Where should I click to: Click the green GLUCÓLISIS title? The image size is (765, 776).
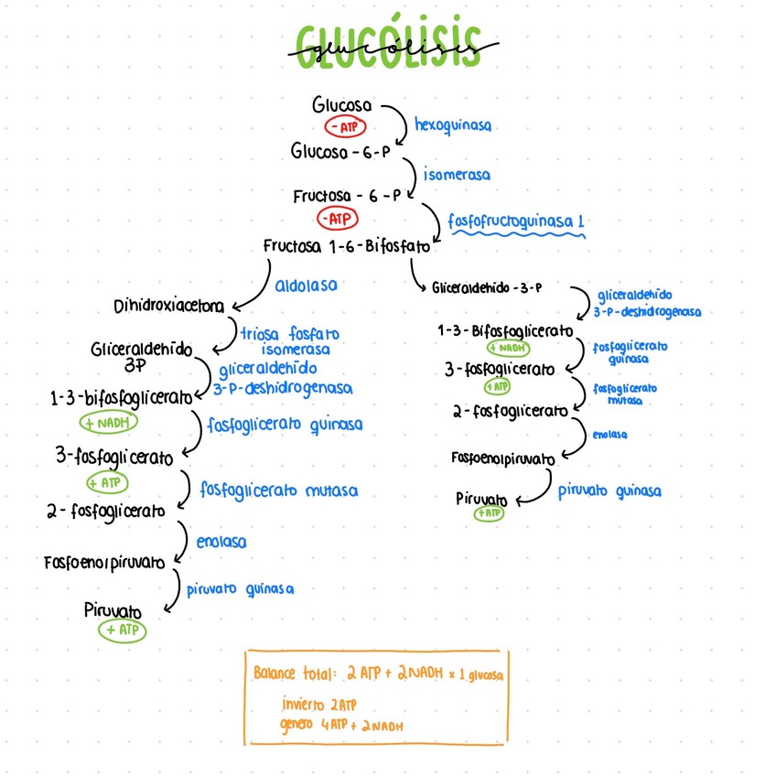pos(388,43)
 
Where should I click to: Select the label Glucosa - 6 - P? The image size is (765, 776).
pos(340,150)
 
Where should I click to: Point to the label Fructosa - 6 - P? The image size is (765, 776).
pos(347,196)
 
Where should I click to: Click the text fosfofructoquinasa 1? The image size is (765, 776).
pos(515,221)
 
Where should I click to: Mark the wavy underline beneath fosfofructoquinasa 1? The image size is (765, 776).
pos(515,235)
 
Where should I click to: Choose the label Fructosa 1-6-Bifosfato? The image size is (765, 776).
pos(346,246)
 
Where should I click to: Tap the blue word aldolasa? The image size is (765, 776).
pos(306,286)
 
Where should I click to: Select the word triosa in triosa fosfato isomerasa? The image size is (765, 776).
pos(261,334)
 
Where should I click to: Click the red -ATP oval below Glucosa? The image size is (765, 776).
pos(345,126)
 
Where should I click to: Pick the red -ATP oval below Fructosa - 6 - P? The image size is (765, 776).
pos(338,219)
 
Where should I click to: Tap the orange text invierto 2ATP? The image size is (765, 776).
pos(318,705)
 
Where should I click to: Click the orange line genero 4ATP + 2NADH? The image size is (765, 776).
pos(343,725)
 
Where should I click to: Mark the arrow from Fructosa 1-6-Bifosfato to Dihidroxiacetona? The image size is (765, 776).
pos(258,286)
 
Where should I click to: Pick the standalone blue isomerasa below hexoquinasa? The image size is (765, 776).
pos(456,174)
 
